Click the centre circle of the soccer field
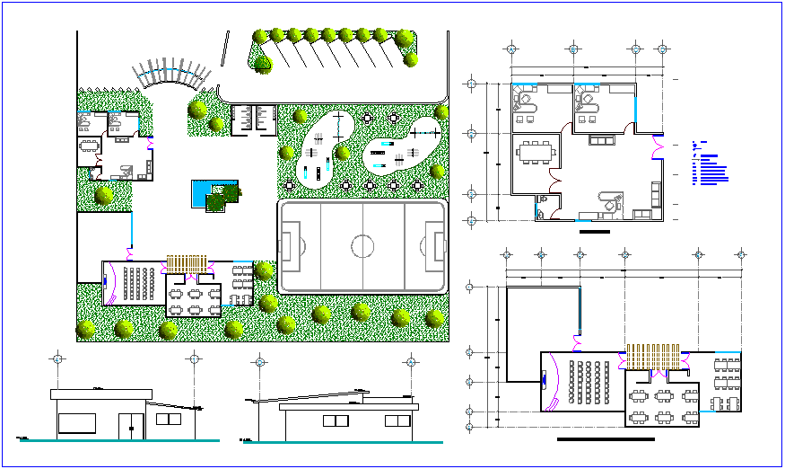(362, 246)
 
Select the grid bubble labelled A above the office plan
(510, 49)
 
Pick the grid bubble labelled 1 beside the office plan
(470, 85)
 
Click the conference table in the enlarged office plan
(535, 150)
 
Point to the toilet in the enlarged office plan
(542, 201)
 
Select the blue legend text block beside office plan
(711, 165)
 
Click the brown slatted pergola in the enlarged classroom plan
(656, 357)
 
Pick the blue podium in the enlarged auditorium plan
(545, 380)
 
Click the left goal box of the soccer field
(287, 246)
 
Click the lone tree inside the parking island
(262, 64)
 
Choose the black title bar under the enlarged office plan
(594, 231)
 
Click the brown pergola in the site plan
(187, 264)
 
